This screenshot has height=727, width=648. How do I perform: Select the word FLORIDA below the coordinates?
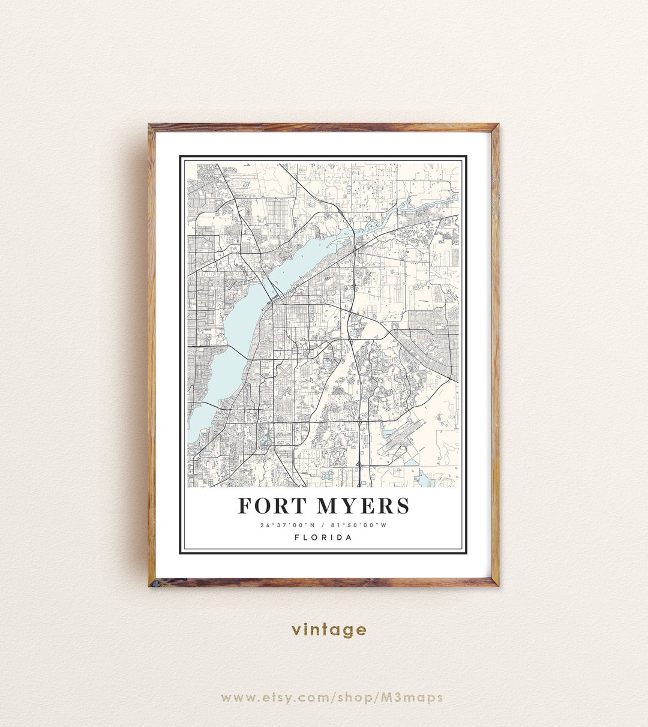click(323, 537)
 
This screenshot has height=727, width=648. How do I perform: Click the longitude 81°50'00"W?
click(359, 525)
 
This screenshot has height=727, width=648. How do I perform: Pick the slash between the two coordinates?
click(323, 525)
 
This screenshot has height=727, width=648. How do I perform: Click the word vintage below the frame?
click(329, 629)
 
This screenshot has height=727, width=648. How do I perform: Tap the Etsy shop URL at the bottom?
click(332, 697)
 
